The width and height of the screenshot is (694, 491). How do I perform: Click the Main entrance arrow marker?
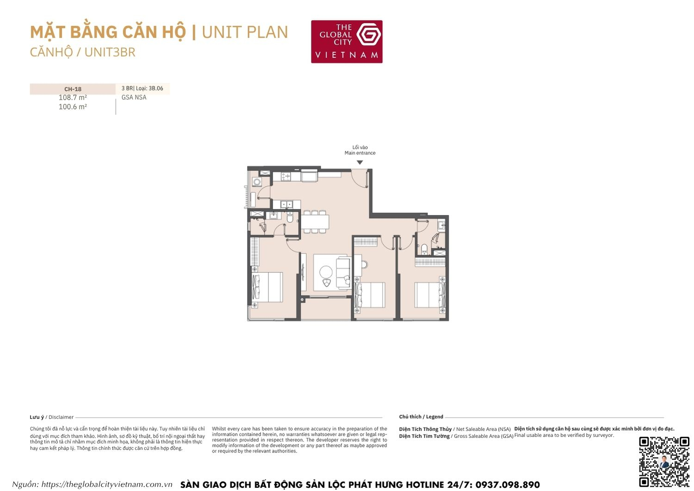[x=359, y=163]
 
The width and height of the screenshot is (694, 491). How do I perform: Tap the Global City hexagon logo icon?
[x=369, y=34]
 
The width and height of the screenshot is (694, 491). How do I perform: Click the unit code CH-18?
[x=73, y=89]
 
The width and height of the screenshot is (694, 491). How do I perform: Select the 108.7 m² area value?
[x=73, y=98]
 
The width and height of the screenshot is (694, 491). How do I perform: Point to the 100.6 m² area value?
[x=73, y=107]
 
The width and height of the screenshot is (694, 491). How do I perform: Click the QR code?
[x=664, y=461]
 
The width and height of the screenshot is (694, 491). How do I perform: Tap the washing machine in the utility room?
[x=257, y=182]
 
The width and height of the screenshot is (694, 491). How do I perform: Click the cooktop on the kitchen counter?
[x=285, y=176]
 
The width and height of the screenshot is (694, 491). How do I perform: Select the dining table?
[x=315, y=221]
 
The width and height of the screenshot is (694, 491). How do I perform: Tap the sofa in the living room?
[x=343, y=273]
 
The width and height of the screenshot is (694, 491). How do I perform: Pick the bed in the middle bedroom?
[x=370, y=295]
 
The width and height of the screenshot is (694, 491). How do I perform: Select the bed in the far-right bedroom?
[x=429, y=295]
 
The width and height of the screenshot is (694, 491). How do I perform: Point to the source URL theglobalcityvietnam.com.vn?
[x=107, y=485]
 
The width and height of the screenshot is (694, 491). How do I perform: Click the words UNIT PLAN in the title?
[x=245, y=32]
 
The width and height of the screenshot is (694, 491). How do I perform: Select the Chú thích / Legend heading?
[x=421, y=417]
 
